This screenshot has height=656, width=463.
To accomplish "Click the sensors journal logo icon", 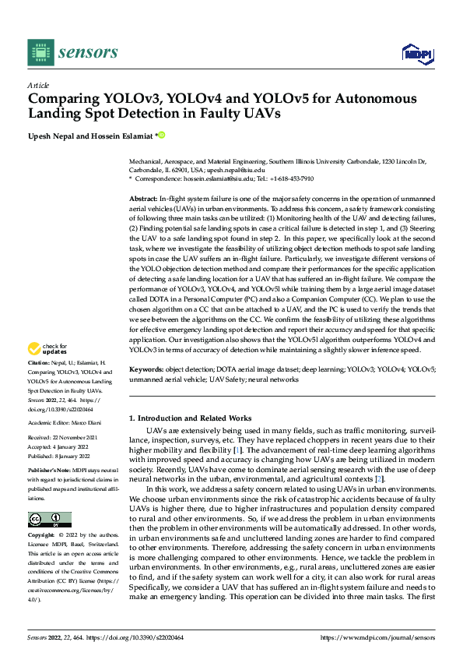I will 40,52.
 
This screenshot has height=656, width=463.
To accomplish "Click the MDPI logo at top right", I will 416,53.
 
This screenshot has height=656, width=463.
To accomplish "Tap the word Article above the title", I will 38,85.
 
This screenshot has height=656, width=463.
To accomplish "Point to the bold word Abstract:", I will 142,200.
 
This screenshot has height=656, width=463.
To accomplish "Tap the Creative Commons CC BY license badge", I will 49,519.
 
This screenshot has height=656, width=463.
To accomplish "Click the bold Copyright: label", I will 41,536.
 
